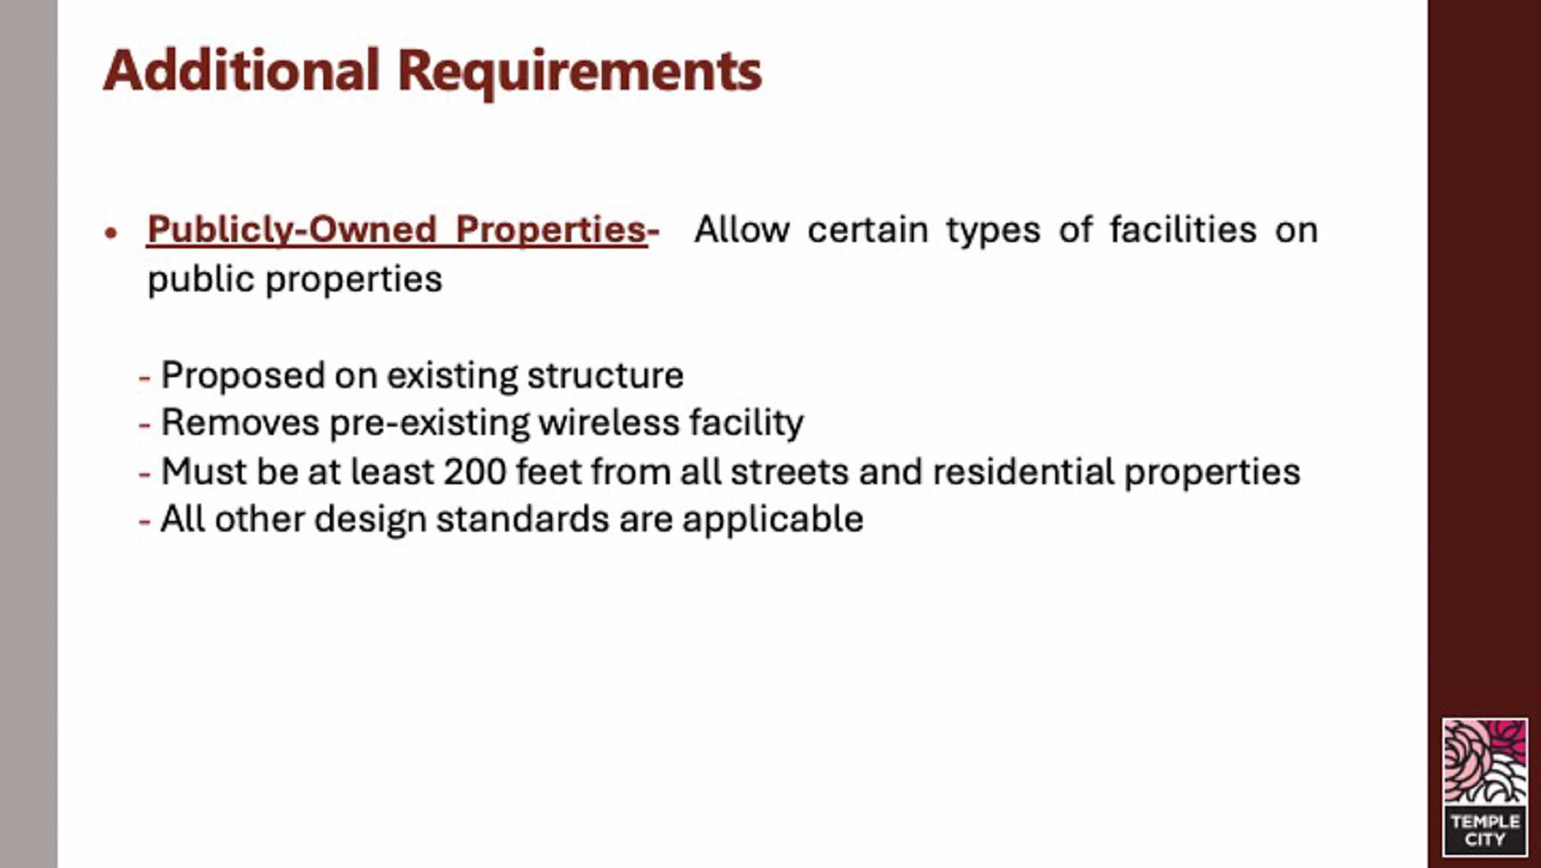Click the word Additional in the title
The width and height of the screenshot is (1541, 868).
tap(241, 71)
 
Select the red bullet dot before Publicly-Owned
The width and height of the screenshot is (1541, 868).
tap(111, 233)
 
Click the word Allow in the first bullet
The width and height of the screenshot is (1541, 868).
tap(742, 230)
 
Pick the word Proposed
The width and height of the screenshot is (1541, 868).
tap(243, 376)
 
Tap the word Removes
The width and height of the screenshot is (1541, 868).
tap(240, 422)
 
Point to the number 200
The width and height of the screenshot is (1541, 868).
tap(475, 472)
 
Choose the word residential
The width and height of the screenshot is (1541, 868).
tap(1023, 472)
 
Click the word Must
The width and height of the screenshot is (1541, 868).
tap(204, 472)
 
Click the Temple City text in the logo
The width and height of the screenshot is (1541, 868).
tap(1485, 830)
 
